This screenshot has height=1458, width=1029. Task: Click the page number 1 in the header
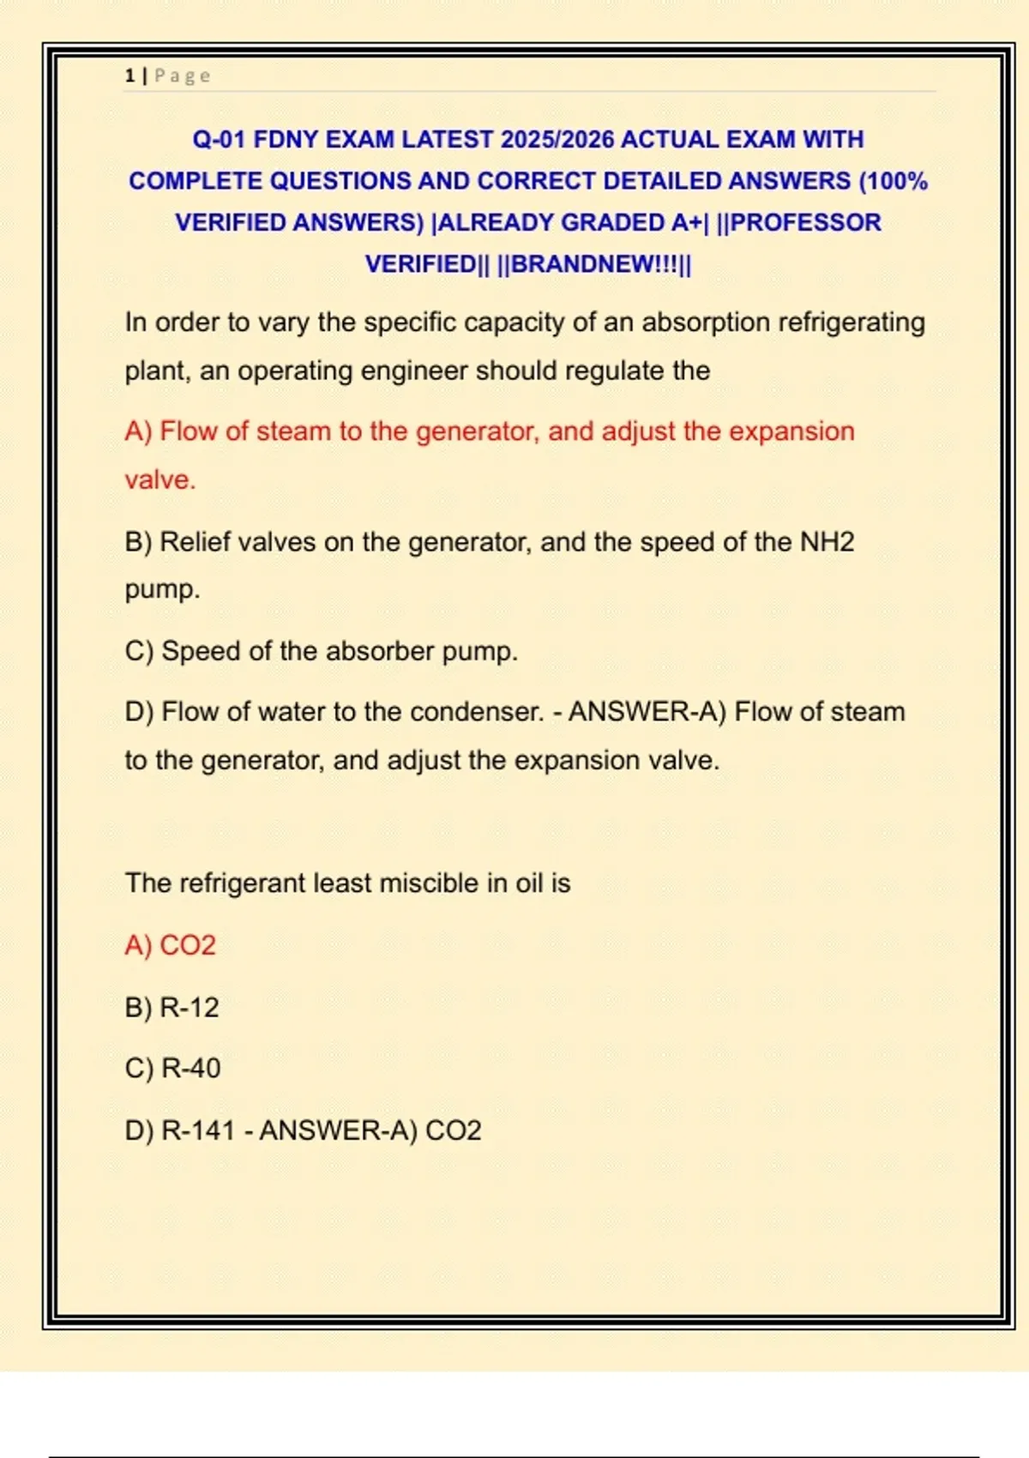(129, 75)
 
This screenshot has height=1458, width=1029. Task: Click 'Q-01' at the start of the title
(219, 140)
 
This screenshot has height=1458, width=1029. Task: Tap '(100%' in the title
(894, 182)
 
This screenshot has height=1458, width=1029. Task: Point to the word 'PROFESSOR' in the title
(805, 223)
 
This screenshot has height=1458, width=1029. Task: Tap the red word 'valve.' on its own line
(160, 479)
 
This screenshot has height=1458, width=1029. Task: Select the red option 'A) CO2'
(170, 945)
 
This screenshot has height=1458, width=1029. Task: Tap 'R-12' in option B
(190, 1007)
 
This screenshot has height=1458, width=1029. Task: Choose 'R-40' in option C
(191, 1069)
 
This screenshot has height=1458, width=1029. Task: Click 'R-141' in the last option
(198, 1130)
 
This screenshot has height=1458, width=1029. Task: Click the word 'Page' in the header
(183, 75)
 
